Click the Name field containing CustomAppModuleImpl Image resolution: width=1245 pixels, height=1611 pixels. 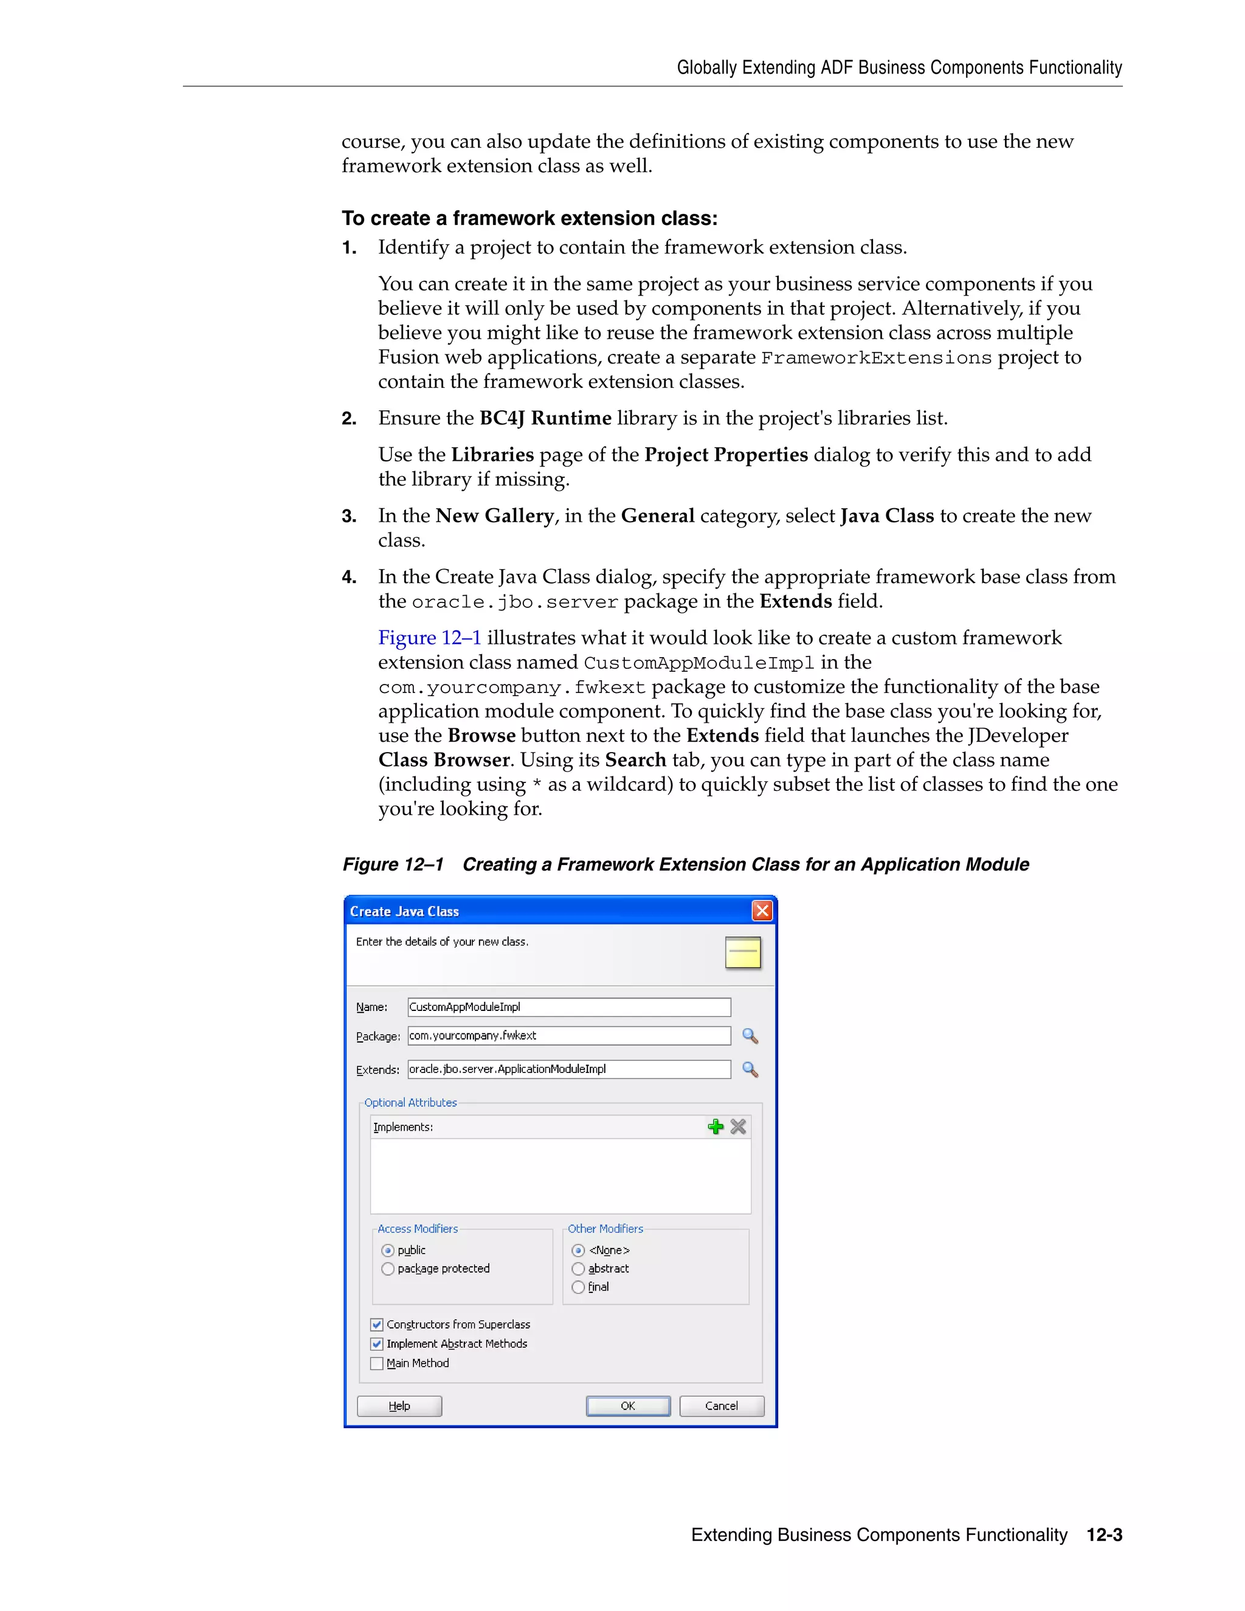pyautogui.click(x=568, y=1007)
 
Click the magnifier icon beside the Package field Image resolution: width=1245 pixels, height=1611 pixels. pyautogui.click(x=750, y=1036)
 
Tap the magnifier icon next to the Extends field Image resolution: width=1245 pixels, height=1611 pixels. pyautogui.click(x=750, y=1069)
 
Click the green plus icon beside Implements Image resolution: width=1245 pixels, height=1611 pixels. pyautogui.click(x=716, y=1126)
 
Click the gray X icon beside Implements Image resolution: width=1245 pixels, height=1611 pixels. pyautogui.click(x=738, y=1126)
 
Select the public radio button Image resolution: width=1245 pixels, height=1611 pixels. pyautogui.click(x=388, y=1251)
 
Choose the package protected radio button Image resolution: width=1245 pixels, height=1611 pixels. pyautogui.click(x=388, y=1269)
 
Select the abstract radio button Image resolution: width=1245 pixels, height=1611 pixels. pyautogui.click(x=578, y=1269)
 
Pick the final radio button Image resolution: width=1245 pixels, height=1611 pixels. pyautogui.click(x=578, y=1287)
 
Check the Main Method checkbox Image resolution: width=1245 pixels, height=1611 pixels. pyautogui.click(x=377, y=1363)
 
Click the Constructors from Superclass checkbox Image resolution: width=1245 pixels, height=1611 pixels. pyautogui.click(x=377, y=1325)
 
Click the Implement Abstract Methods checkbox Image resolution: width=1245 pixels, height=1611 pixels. pyautogui.click(x=377, y=1344)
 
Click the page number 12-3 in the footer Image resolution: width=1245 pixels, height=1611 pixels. pyautogui.click(x=1104, y=1535)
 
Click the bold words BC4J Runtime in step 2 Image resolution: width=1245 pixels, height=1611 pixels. pyautogui.click(x=545, y=418)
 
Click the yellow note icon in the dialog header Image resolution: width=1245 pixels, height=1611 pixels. pyautogui.click(x=743, y=952)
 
